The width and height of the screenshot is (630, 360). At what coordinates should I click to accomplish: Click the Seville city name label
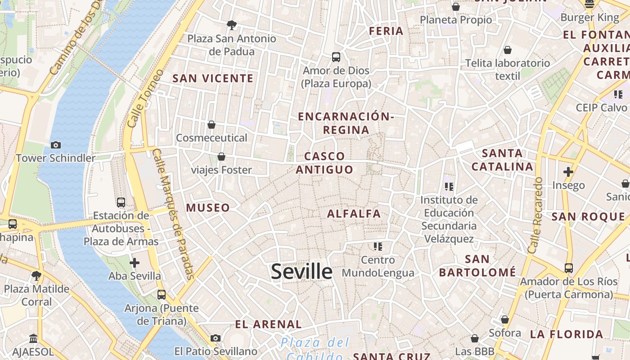[301, 271]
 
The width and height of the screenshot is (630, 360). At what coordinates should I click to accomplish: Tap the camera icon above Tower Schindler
[56, 145]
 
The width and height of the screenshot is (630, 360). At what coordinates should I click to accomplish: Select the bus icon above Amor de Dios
[336, 57]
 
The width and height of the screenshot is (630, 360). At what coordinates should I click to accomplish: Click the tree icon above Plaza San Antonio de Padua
[232, 25]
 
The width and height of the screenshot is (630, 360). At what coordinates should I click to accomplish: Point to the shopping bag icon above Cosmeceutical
[211, 125]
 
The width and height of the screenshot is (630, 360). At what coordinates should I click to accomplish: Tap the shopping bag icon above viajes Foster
[221, 157]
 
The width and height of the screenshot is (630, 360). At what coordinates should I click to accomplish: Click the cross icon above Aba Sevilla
[135, 263]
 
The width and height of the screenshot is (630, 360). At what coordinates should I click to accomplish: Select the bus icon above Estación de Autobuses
[121, 202]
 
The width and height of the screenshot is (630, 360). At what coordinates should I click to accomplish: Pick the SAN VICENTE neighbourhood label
[213, 78]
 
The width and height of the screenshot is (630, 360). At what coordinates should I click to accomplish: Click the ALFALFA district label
[354, 214]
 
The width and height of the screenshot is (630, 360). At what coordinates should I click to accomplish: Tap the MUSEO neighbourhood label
[208, 208]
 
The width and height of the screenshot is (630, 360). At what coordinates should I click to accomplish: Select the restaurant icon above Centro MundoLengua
[378, 246]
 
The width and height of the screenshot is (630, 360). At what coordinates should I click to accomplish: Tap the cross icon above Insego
[568, 171]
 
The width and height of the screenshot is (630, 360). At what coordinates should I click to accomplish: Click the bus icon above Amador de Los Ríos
[569, 268]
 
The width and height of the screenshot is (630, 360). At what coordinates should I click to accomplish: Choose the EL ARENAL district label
[268, 324]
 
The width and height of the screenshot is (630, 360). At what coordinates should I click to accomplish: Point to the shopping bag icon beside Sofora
[505, 319]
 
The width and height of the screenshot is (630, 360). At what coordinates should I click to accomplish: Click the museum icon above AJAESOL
[33, 338]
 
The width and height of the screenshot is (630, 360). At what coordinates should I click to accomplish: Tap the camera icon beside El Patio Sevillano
[216, 338]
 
